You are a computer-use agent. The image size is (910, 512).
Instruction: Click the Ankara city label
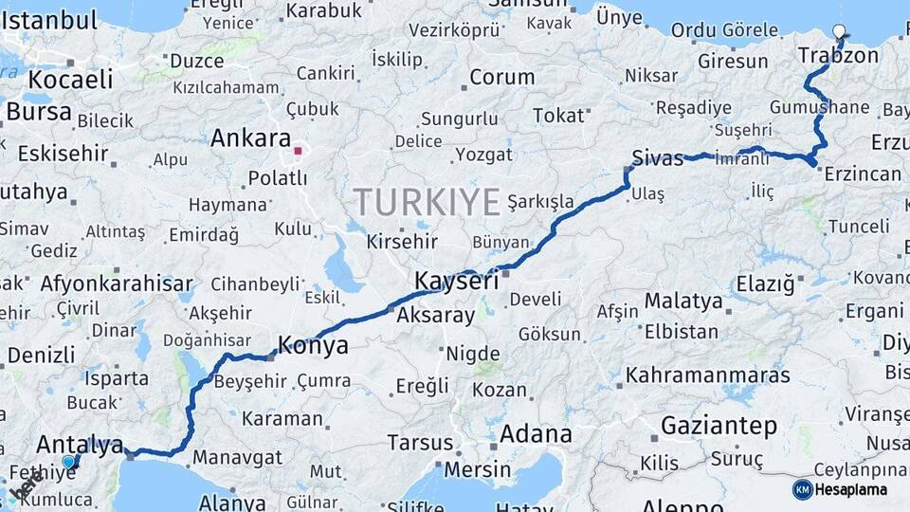(x=250, y=138)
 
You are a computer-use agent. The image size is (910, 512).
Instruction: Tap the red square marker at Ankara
(x=298, y=150)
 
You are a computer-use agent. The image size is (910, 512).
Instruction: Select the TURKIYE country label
(x=427, y=202)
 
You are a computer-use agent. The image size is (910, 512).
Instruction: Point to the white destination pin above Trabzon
(x=840, y=32)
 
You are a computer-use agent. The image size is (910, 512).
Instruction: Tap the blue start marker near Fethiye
(x=68, y=462)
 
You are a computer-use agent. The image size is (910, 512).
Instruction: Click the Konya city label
(x=312, y=346)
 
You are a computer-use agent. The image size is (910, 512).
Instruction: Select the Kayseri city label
(x=456, y=282)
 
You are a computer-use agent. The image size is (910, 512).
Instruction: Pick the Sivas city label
(x=658, y=158)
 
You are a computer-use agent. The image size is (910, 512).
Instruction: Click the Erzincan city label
(x=863, y=174)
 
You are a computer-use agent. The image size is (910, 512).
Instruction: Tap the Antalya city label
(x=80, y=444)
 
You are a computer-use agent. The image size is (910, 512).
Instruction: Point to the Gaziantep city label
(x=719, y=426)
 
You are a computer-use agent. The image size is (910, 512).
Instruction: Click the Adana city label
(x=536, y=435)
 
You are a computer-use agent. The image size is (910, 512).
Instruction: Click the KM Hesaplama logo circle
(x=803, y=489)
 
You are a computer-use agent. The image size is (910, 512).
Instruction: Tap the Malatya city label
(x=683, y=302)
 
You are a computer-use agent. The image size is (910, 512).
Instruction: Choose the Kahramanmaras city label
(x=708, y=375)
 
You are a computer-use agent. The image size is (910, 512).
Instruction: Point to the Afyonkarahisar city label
(x=117, y=283)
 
